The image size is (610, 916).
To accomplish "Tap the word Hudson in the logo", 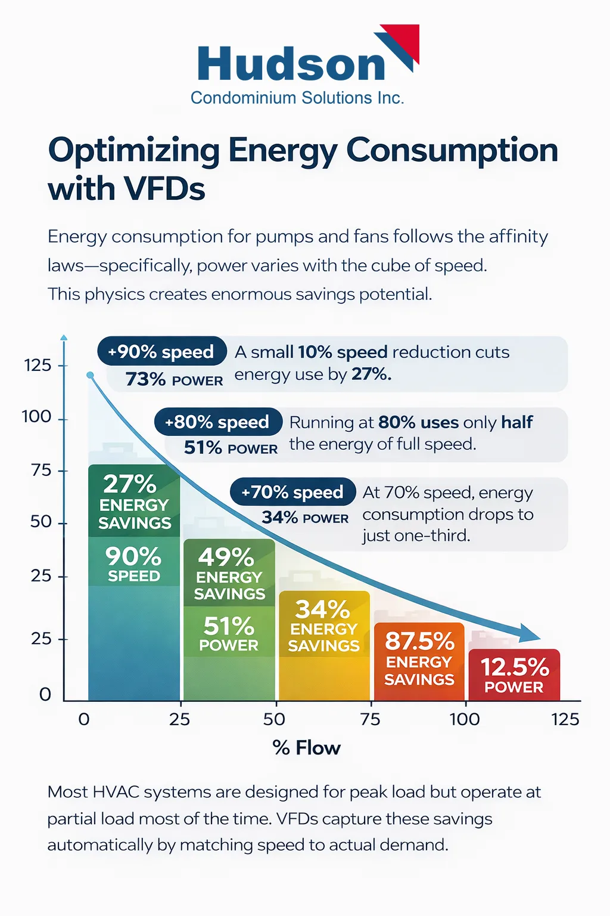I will click(291, 64).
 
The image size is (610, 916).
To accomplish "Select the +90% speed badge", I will click(161, 352).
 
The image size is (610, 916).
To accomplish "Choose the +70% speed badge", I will click(292, 493).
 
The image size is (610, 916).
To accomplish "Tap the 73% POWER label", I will click(174, 379).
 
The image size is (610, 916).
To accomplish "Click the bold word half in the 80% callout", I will click(516, 422).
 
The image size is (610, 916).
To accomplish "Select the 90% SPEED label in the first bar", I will click(133, 563).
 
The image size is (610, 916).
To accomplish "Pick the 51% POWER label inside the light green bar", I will click(229, 634).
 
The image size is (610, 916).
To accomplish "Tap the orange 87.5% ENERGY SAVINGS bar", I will click(419, 658).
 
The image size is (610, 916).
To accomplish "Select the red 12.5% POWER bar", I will click(514, 675).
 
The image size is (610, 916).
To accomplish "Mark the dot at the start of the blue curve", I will click(90, 375).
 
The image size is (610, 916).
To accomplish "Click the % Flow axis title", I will click(306, 748).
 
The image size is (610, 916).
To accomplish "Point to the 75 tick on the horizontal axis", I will click(370, 719).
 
